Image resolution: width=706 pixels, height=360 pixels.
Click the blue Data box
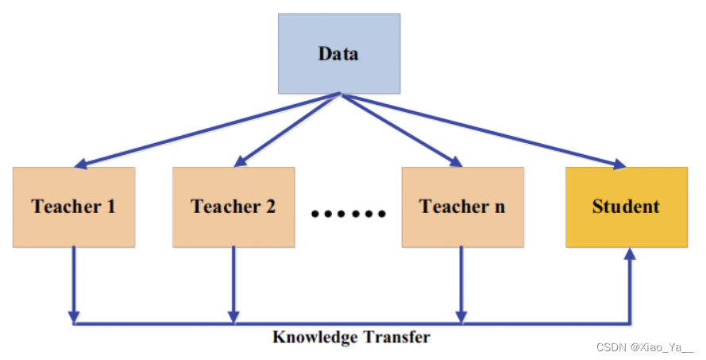[338, 54]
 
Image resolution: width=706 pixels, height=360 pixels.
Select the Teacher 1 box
[74, 207]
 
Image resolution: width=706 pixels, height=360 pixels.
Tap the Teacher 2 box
[233, 207]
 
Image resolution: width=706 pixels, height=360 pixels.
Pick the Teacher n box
[462, 207]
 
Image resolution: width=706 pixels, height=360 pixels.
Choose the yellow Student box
[626, 207]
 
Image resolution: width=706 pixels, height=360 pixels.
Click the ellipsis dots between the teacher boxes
[349, 213]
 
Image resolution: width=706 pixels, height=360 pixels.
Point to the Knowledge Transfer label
[351, 337]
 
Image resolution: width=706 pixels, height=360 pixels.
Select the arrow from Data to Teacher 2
[287, 130]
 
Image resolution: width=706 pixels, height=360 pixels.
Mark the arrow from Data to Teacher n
[401, 130]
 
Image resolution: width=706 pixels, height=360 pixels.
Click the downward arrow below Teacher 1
[74, 282]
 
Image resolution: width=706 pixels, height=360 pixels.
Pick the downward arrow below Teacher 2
[233, 282]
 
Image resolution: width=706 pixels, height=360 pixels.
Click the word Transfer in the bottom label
[396, 337]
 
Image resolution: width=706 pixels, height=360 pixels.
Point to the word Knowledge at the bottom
[315, 337]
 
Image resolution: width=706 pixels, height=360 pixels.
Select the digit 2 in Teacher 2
[270, 207]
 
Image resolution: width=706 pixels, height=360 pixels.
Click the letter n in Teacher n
[498, 208]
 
